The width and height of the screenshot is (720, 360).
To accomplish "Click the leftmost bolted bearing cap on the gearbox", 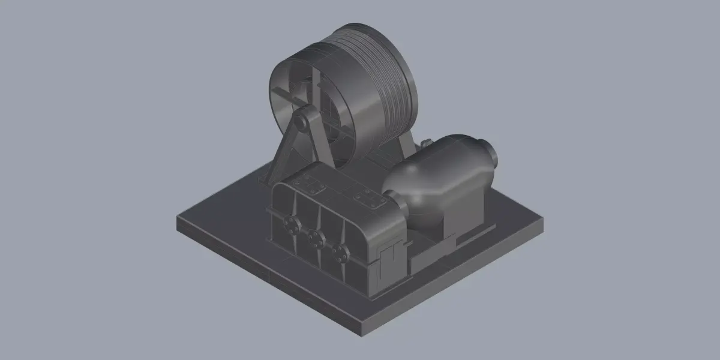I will (x=292, y=225).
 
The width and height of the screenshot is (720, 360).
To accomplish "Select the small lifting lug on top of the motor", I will (x=426, y=144).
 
